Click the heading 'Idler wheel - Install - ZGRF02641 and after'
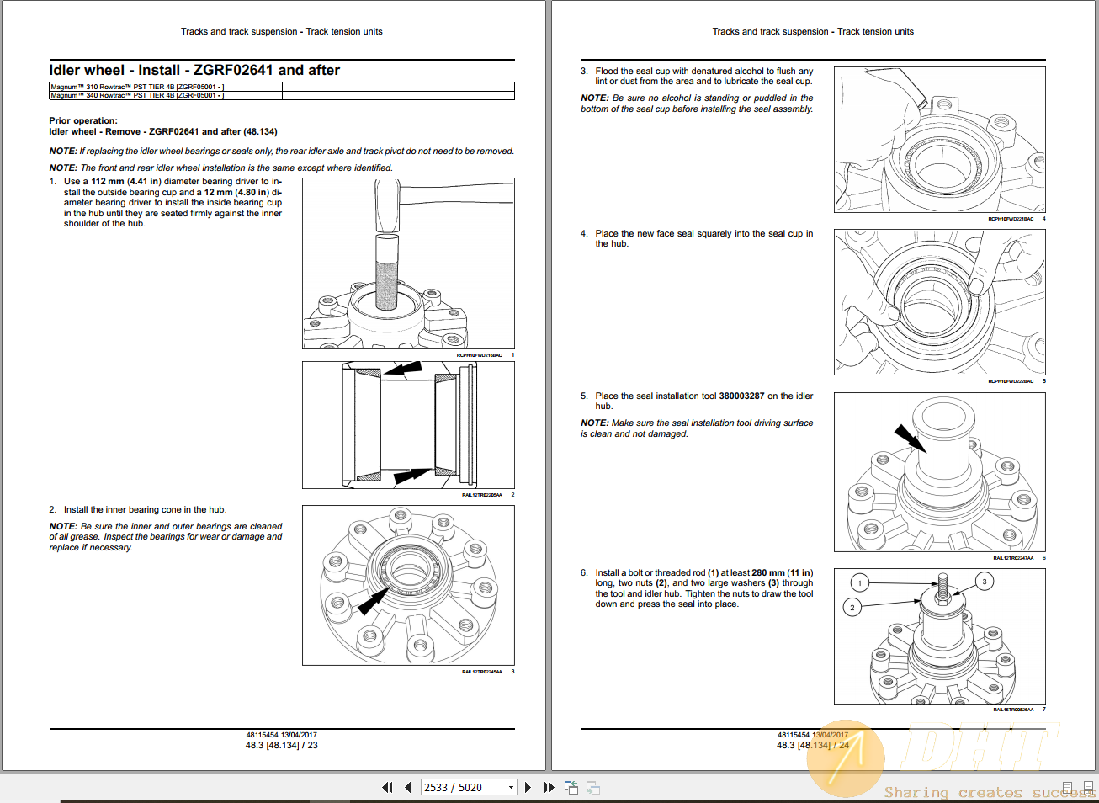(x=194, y=71)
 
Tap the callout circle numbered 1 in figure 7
(x=859, y=582)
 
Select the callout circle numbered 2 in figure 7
(x=852, y=607)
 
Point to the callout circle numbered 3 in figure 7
(x=984, y=581)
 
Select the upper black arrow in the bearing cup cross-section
(x=402, y=369)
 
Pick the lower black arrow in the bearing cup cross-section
(x=411, y=476)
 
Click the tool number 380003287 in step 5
(x=741, y=396)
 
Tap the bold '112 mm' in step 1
(x=108, y=181)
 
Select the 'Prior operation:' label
(x=83, y=121)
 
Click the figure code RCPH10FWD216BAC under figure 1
(x=479, y=355)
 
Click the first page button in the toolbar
(x=387, y=787)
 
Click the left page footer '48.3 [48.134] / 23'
(x=281, y=745)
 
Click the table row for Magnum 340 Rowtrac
(x=136, y=95)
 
